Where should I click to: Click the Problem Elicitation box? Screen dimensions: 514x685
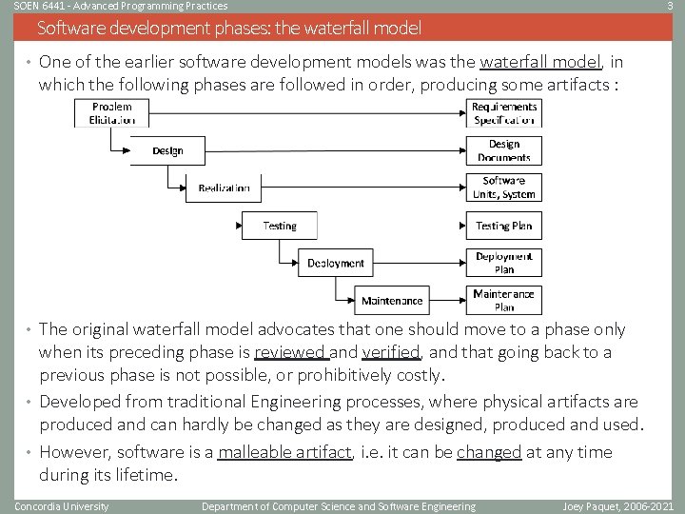pyautogui.click(x=111, y=113)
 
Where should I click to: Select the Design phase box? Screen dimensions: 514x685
pyautogui.click(x=166, y=150)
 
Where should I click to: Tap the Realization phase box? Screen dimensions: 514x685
pyautogui.click(x=225, y=188)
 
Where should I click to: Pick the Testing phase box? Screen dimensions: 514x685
pyautogui.click(x=279, y=226)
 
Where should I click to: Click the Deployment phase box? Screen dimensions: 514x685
pyautogui.click(x=335, y=263)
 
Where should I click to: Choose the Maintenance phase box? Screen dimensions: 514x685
pyautogui.click(x=391, y=301)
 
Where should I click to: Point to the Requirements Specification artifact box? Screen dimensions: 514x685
pyautogui.click(x=503, y=113)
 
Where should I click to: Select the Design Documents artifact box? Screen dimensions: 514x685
pyautogui.click(x=503, y=150)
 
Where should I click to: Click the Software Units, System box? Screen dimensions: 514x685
pyautogui.click(x=503, y=188)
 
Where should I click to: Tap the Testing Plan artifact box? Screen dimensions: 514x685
pyautogui.click(x=503, y=226)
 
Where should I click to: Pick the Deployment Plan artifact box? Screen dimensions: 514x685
pyautogui.click(x=503, y=263)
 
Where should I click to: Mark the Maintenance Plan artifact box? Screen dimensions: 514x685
pyautogui.click(x=503, y=301)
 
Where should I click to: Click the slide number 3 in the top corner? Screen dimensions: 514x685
pyautogui.click(x=672, y=7)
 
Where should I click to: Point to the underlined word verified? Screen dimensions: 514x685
pyautogui.click(x=390, y=352)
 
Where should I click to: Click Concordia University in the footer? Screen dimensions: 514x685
pyautogui.click(x=62, y=506)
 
